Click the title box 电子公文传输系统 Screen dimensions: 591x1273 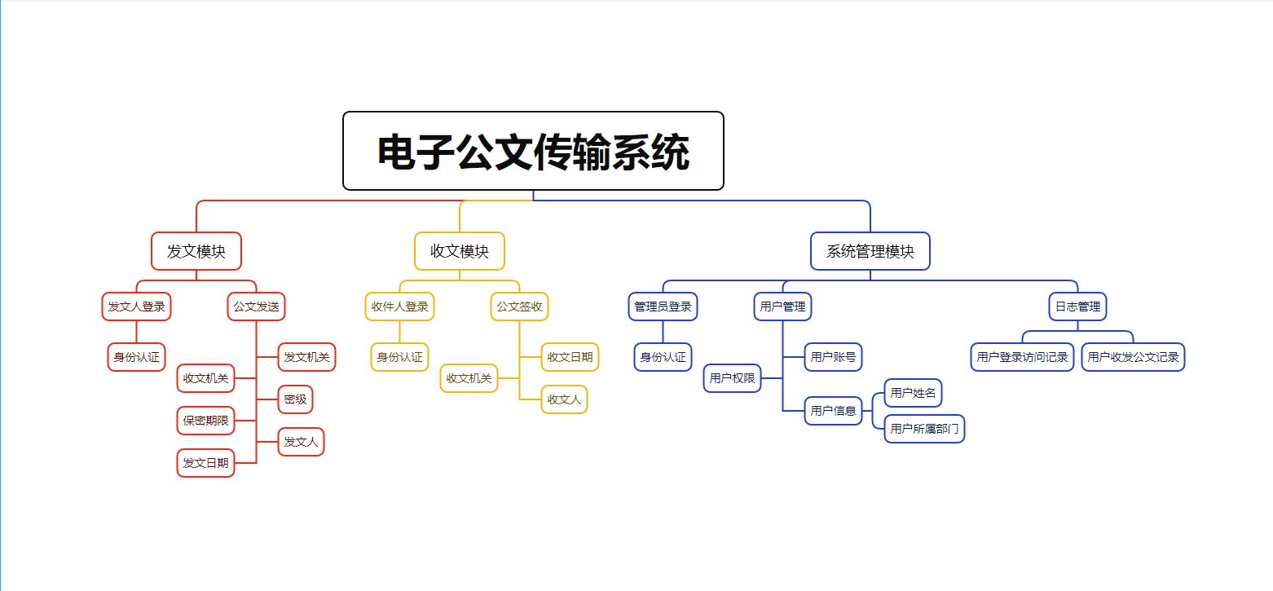[x=533, y=152]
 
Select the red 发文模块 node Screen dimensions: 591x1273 [x=196, y=251]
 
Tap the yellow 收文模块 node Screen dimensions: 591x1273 [x=460, y=251]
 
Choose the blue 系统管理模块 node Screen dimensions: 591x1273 [x=870, y=251]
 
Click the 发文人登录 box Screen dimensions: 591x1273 [x=137, y=307]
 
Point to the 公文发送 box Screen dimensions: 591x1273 [x=257, y=307]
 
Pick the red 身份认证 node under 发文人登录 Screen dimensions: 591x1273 [x=137, y=357]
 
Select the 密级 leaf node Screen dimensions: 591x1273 [x=295, y=399]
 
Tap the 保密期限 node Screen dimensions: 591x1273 [x=206, y=421]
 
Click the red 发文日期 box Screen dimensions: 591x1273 [x=206, y=463]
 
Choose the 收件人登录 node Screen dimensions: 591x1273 [x=400, y=307]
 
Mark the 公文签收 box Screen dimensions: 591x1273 [x=520, y=307]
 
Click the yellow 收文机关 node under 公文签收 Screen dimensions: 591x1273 [x=469, y=378]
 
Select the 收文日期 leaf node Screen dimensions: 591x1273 [x=570, y=357]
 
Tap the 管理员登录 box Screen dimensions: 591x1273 [x=663, y=307]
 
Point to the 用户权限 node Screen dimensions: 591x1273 [x=733, y=378]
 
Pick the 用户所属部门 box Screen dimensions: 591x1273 [x=924, y=429]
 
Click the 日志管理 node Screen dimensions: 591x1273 [x=1077, y=307]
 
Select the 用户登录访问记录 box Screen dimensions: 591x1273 [x=1022, y=357]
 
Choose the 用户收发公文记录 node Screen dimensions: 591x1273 [x=1133, y=357]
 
